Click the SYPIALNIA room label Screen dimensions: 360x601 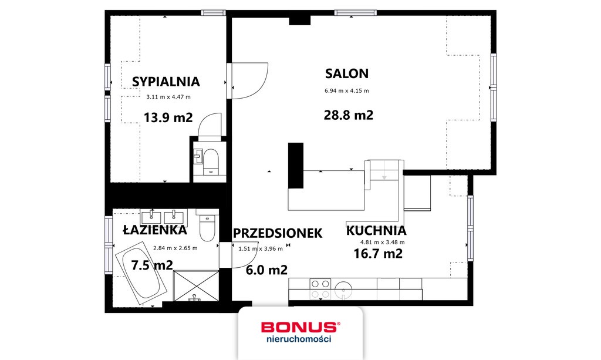click(x=166, y=82)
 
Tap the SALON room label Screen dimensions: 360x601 click(x=347, y=73)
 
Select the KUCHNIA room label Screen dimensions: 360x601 click(x=376, y=230)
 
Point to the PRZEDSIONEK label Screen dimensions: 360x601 click(x=278, y=233)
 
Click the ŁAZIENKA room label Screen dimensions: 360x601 click(x=147, y=230)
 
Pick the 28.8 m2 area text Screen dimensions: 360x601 click(x=348, y=115)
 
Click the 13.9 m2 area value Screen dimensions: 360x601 click(x=168, y=117)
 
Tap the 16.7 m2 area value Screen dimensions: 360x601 click(x=378, y=254)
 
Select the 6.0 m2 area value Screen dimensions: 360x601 click(x=267, y=270)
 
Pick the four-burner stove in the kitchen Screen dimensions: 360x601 click(x=320, y=287)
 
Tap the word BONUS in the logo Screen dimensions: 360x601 click(x=299, y=327)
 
